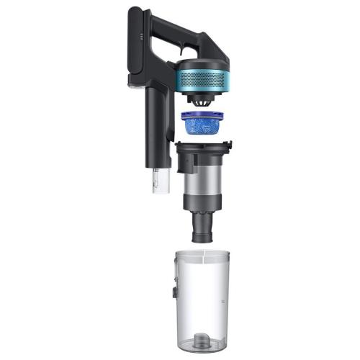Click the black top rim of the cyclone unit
point(204,147)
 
